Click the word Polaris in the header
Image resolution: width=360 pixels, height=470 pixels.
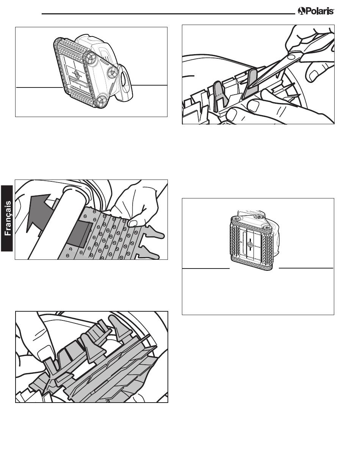(x=319, y=11)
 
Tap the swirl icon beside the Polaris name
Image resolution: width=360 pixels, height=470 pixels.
(x=301, y=11)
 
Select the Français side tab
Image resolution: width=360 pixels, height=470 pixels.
(x=7, y=218)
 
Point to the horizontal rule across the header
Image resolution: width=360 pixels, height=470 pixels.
(x=168, y=14)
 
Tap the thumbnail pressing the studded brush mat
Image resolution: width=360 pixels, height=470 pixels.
(x=133, y=223)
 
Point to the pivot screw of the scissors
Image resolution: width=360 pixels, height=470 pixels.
(x=291, y=57)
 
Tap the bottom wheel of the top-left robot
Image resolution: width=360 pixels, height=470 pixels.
(x=101, y=101)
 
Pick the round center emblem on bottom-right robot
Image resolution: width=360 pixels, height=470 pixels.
(x=250, y=245)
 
